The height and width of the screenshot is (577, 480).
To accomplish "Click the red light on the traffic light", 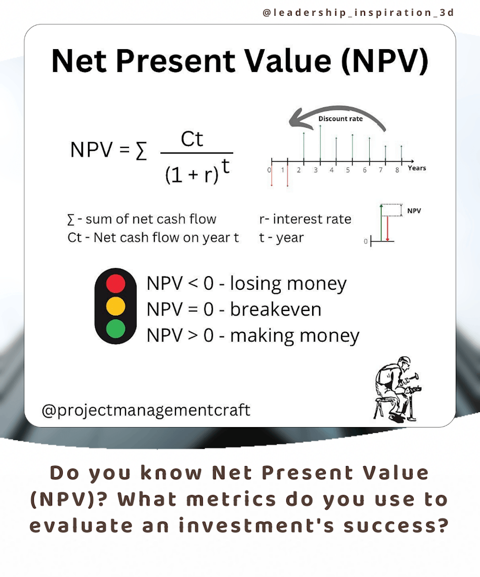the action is pos(116,284).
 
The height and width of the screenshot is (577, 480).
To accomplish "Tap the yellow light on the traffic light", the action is pos(116,306).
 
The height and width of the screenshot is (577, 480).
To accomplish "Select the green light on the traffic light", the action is pos(116,329).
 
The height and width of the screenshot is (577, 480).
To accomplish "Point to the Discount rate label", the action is pos(340,119).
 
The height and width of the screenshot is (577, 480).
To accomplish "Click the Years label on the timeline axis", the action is pos(417,168).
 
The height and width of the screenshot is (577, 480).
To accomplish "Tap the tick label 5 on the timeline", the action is pos(347,170).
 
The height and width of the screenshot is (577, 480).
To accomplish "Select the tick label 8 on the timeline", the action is pos(398,170).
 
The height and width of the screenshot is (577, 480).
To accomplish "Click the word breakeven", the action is pos(276,309).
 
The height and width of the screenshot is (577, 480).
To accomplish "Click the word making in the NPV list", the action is pos(260,336).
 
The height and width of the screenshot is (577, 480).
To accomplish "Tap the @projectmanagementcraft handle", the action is pos(146,410).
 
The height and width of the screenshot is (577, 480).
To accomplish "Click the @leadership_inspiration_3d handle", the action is pos(358,13).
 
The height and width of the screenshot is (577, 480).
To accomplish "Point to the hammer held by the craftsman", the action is pos(414,377).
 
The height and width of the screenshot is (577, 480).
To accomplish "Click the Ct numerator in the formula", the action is pos(192,139).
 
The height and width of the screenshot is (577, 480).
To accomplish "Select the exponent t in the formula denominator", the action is pos(225,166).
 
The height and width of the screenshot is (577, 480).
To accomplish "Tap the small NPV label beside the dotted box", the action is pos(414,211).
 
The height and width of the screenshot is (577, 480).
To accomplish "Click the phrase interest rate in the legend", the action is pos(312,219).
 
